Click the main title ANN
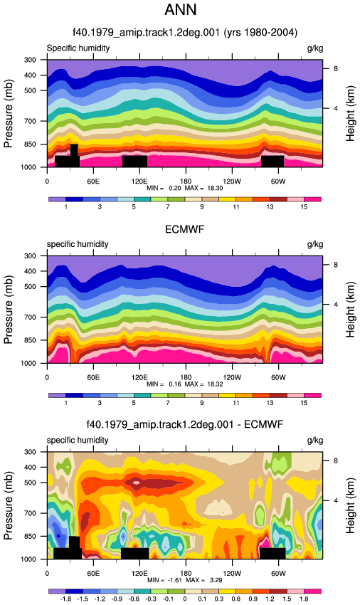[181, 10]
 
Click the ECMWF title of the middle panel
[184, 229]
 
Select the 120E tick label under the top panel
[139, 181]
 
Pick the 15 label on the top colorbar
[304, 207]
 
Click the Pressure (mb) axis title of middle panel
[9, 310]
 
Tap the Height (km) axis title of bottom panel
[350, 505]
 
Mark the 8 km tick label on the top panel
[336, 68]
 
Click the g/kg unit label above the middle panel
[315, 244]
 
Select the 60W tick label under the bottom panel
[278, 574]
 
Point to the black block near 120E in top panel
[134, 162]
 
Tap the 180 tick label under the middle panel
[186, 377]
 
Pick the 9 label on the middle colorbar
[202, 403]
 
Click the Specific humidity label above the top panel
[78, 48]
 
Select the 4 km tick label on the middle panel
[336, 305]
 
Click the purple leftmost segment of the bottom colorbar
[57, 591]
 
